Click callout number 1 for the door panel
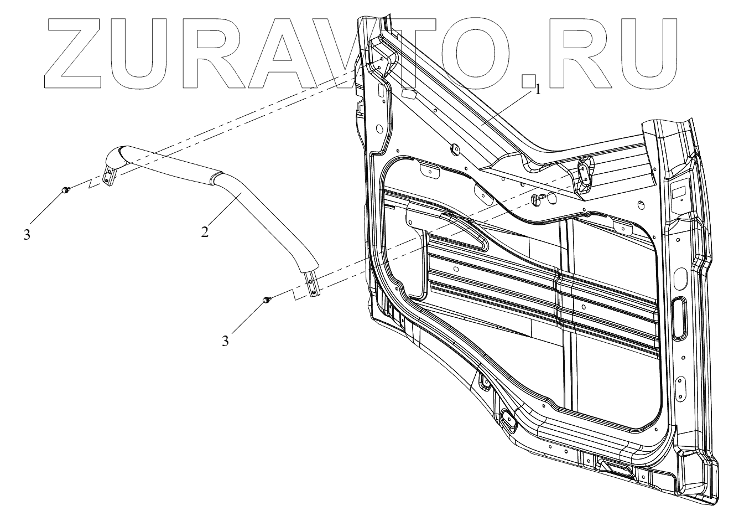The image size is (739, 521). coord(538,90)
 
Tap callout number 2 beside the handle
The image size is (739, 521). coord(205,232)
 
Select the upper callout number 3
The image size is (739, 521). coord(27,234)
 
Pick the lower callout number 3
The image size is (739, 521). coord(225,341)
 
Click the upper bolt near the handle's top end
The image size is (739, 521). coord(65,190)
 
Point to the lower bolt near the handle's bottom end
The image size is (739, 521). coord(267,300)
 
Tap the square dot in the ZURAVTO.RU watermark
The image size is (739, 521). coord(530,80)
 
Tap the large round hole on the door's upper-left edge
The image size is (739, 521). coord(378,129)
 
